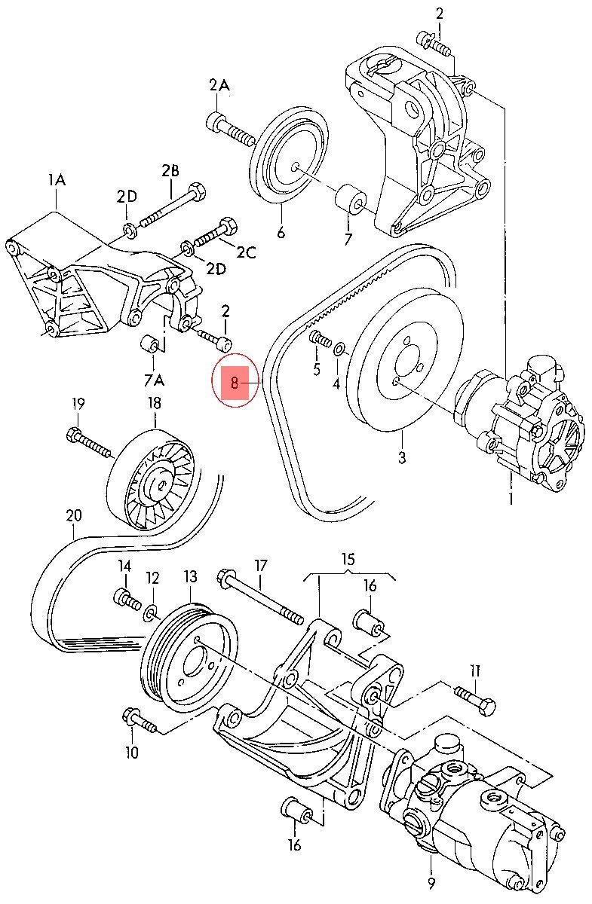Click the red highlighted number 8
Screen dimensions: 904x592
[235, 383]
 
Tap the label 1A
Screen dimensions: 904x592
[57, 180]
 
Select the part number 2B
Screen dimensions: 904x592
[170, 171]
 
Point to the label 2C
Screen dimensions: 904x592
[246, 253]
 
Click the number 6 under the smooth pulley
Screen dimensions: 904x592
[281, 233]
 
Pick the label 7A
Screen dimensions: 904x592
[153, 378]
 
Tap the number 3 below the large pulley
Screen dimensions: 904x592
[402, 457]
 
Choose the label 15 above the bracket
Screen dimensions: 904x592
[348, 559]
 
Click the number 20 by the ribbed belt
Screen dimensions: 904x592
[73, 516]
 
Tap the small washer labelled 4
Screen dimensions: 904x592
[339, 350]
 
